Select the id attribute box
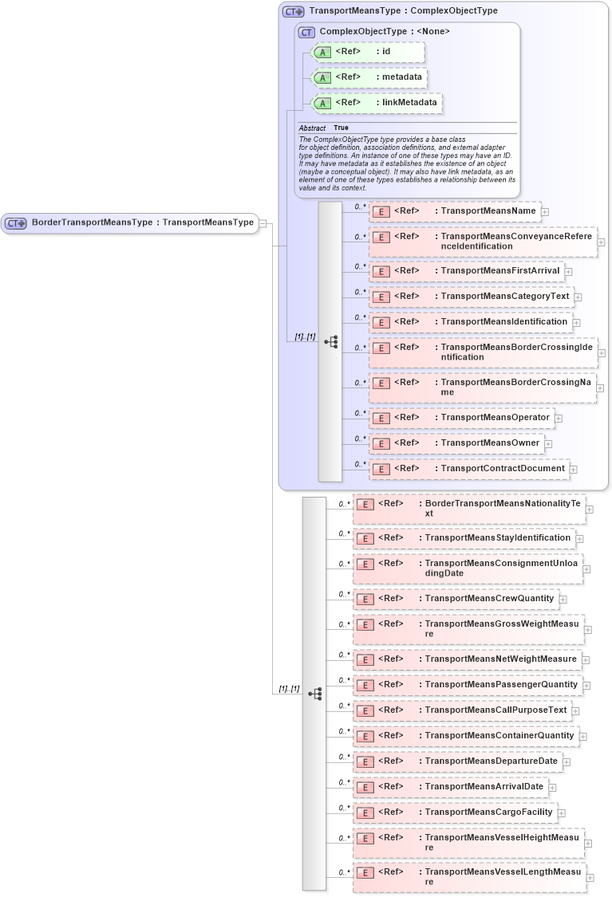click(368, 52)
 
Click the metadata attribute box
click(369, 77)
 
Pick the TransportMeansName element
click(454, 211)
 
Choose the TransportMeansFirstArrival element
click(466, 271)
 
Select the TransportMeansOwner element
click(456, 443)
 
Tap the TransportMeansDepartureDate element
click(456, 761)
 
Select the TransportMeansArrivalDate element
click(450, 787)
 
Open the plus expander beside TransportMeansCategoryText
click(578, 297)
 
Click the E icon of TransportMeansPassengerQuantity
click(364, 685)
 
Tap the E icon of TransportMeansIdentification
click(381, 322)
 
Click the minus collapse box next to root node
click(263, 224)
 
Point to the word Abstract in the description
click(312, 128)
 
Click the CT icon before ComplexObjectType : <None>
click(306, 32)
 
